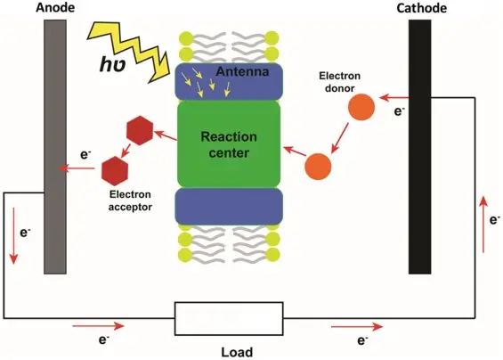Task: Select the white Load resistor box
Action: coord(229,317)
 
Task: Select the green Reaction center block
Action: coord(229,143)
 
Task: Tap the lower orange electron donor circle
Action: coord(319,165)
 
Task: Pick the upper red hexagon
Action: coord(140,131)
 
